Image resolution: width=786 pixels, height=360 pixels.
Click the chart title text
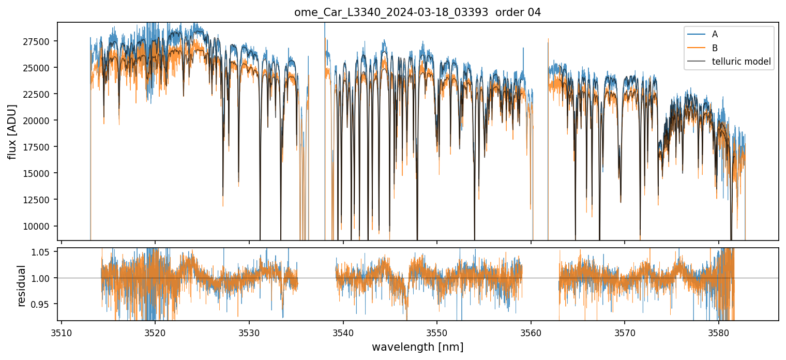[x=417, y=12]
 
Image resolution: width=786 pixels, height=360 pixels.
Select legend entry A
[x=715, y=34]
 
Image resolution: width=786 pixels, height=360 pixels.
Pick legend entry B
[x=715, y=48]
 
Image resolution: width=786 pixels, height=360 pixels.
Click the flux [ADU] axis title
[x=12, y=131]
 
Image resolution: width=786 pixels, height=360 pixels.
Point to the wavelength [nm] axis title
[x=417, y=347]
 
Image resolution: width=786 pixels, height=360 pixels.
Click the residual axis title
[x=22, y=286]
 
